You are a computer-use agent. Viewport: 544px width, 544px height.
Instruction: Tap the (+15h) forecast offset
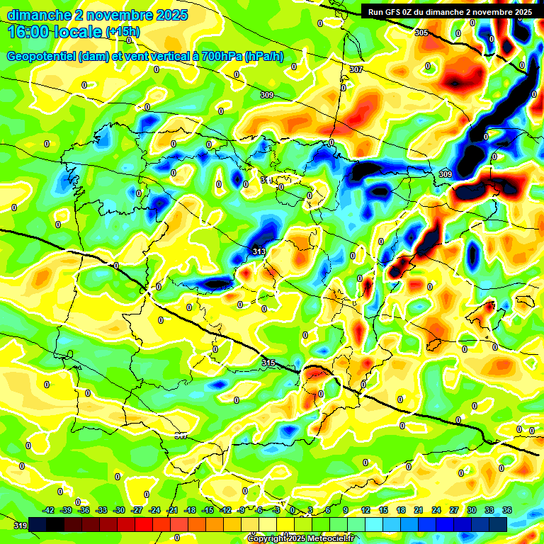123,32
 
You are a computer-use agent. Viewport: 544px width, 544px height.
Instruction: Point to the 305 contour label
421,33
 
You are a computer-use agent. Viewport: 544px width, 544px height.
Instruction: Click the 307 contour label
356,69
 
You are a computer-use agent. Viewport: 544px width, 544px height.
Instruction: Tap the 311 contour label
266,181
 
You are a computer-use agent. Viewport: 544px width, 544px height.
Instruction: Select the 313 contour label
259,251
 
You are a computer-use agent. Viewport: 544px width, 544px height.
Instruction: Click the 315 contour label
268,363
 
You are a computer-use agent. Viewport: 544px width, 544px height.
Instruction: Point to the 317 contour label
181,436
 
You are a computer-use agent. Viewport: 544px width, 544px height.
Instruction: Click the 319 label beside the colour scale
21,526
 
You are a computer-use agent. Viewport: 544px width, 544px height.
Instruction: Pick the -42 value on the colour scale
48,510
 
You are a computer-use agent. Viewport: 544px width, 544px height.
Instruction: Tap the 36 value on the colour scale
507,510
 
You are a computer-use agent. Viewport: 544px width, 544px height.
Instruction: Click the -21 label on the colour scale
172,510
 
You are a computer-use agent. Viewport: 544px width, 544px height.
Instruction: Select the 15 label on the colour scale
383,510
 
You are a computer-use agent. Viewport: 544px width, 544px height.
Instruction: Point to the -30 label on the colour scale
119,510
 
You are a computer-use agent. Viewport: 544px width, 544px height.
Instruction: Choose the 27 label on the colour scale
454,510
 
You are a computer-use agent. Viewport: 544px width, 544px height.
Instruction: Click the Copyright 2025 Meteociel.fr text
301,538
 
